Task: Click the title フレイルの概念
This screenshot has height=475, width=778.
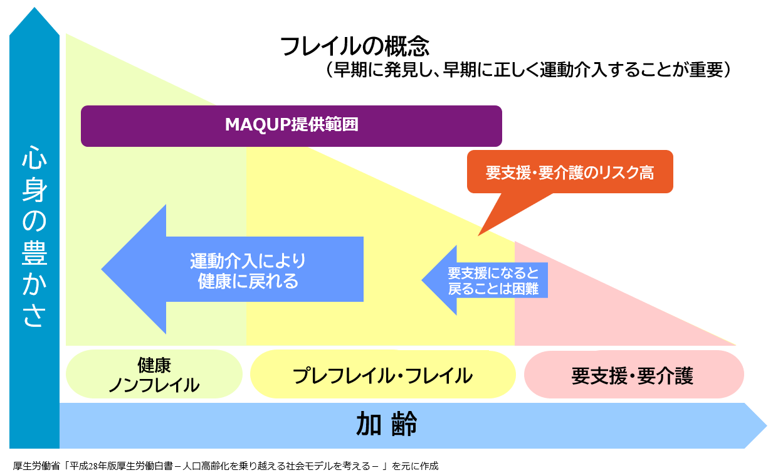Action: click(354, 46)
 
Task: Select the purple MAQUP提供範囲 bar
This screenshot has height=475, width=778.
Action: click(292, 125)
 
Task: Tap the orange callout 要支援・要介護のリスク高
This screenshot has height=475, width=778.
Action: click(569, 172)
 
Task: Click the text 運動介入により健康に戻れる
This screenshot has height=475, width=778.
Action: click(248, 270)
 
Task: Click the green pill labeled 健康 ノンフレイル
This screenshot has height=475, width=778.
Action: click(154, 375)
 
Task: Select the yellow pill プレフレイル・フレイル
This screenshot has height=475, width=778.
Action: click(382, 375)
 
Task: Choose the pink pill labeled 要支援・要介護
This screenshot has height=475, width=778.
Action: click(633, 375)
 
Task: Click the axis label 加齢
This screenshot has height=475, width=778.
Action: click(386, 425)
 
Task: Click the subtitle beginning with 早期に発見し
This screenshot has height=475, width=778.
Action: click(527, 69)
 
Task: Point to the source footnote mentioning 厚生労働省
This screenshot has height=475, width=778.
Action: click(225, 466)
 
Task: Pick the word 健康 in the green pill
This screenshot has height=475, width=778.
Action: click(154, 365)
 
